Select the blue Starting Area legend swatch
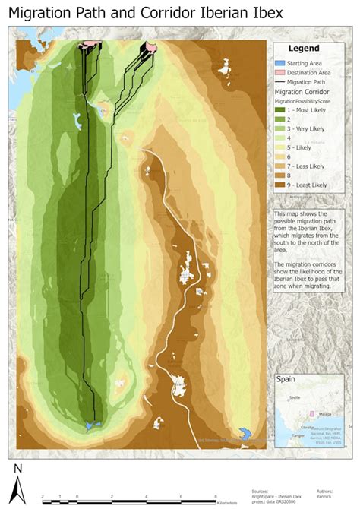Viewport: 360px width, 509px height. point(280,62)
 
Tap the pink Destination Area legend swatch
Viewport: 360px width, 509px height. point(280,71)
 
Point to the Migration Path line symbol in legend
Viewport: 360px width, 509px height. point(280,81)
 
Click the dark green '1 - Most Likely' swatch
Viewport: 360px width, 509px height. point(280,110)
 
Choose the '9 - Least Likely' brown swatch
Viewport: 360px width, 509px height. point(280,185)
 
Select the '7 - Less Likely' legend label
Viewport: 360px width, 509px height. point(307,166)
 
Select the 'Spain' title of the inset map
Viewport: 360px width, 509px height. point(286,380)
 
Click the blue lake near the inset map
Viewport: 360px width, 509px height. point(245,433)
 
